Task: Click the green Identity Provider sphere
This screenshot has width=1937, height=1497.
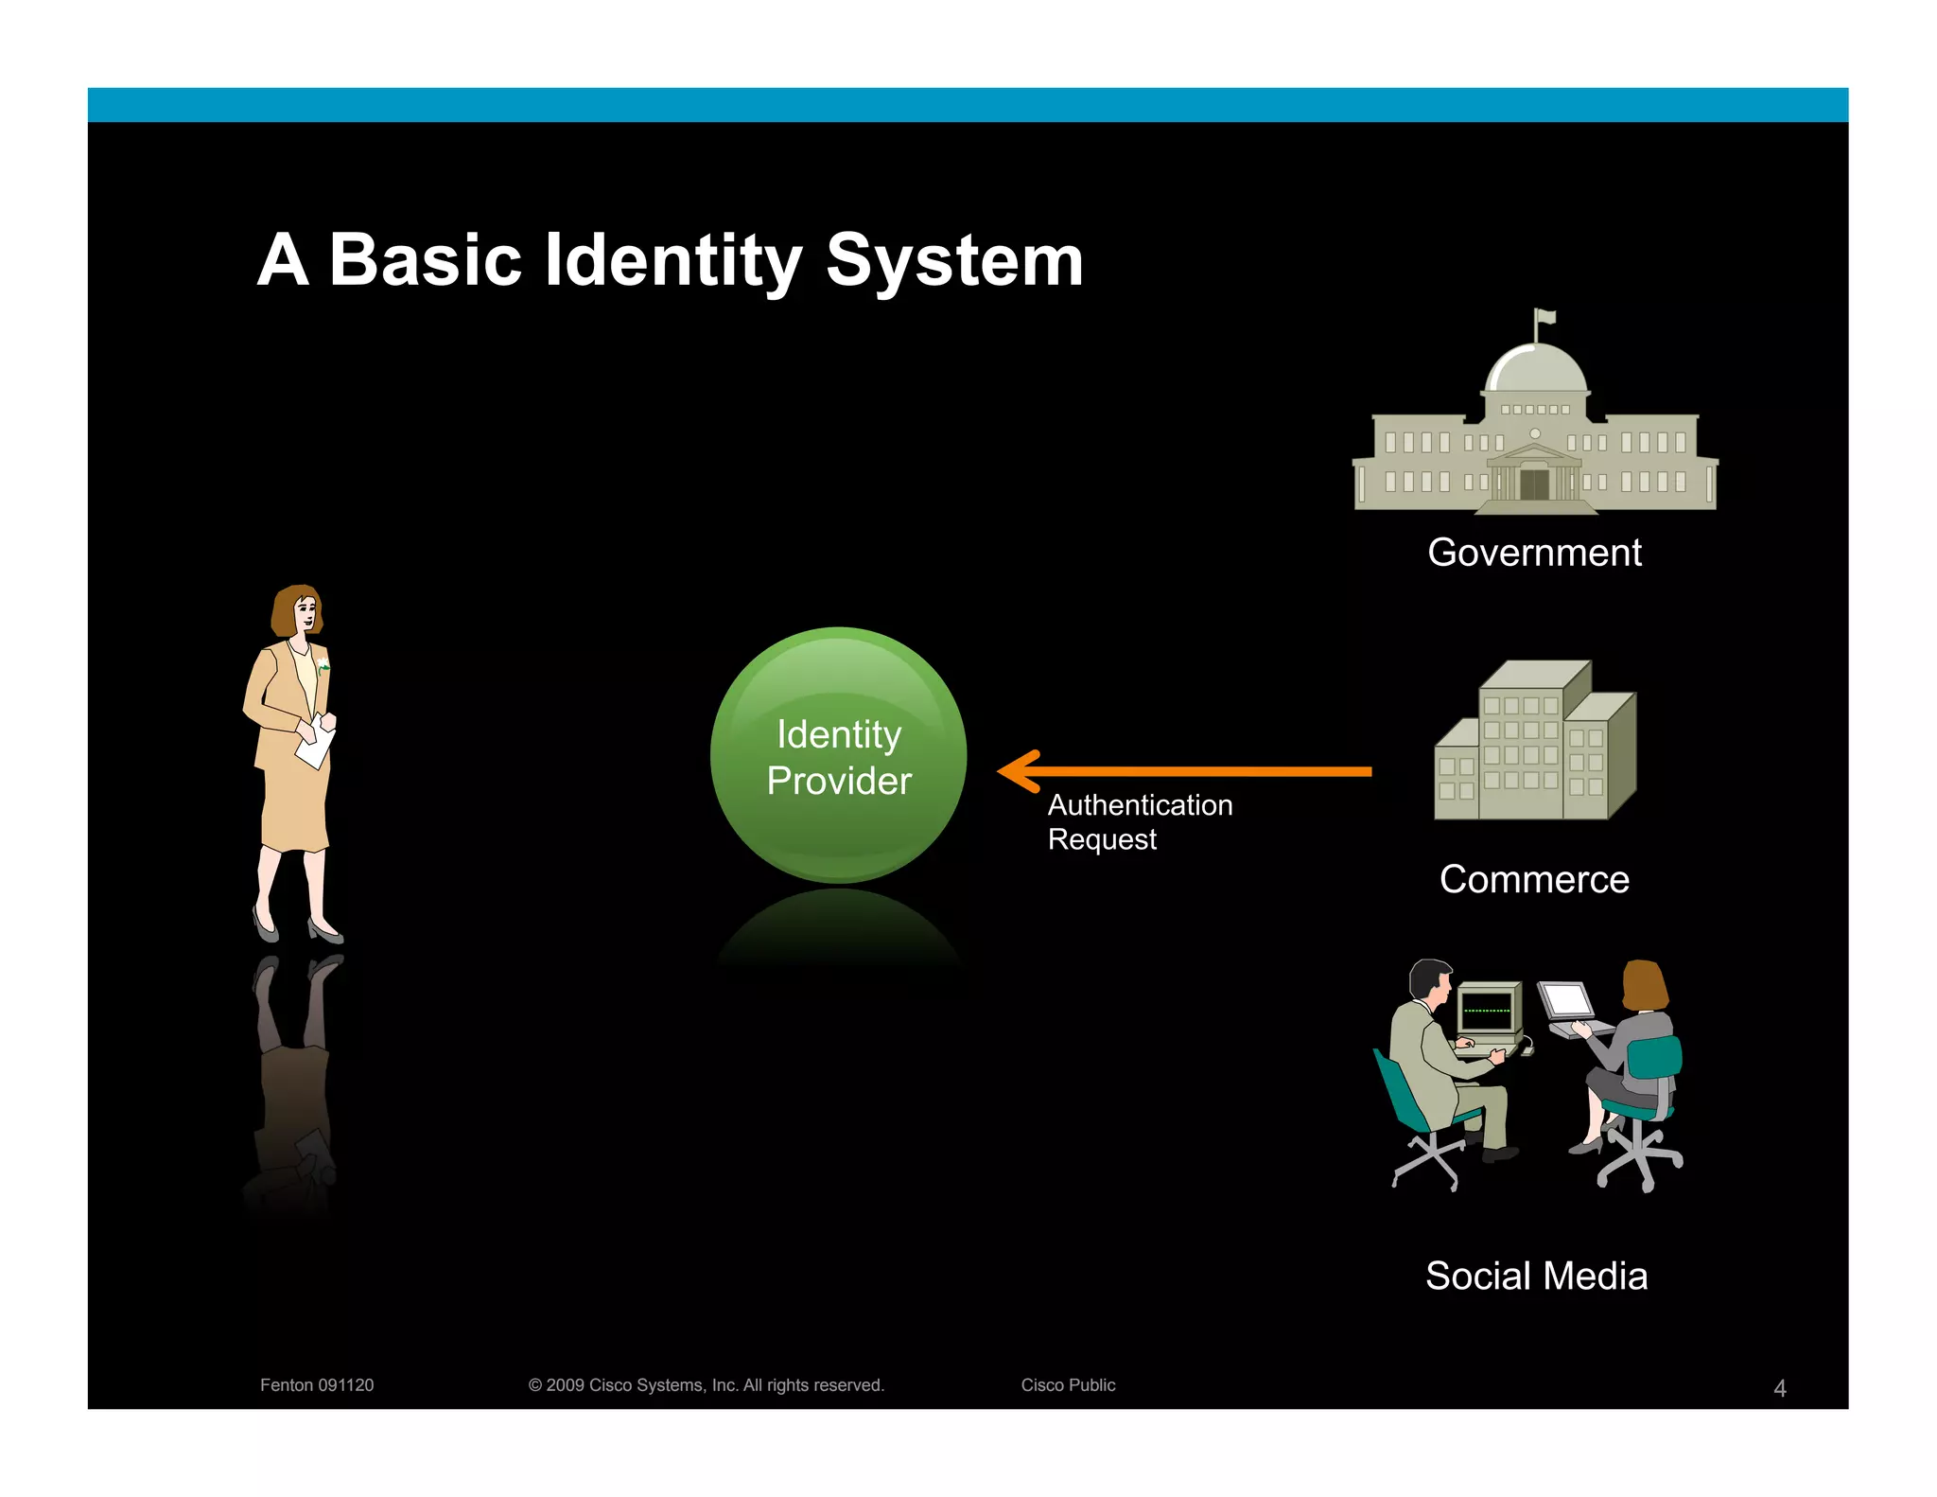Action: (838, 755)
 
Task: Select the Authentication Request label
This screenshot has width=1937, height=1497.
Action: (1139, 821)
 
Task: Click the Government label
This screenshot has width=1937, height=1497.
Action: (1534, 553)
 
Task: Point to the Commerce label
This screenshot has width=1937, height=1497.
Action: (1534, 880)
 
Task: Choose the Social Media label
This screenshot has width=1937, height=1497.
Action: (1536, 1277)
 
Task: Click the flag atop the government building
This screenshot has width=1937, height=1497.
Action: (1545, 317)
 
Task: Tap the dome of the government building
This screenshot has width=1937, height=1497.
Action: (1535, 369)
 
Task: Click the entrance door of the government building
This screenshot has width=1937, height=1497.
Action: (1534, 484)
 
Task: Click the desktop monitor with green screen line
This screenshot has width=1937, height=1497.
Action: (1488, 1009)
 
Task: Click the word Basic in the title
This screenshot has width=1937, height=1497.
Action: (425, 260)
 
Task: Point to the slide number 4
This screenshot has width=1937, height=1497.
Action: (1779, 1388)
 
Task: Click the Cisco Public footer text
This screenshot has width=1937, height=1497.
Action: (1068, 1385)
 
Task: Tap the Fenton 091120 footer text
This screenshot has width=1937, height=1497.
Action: (317, 1385)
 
